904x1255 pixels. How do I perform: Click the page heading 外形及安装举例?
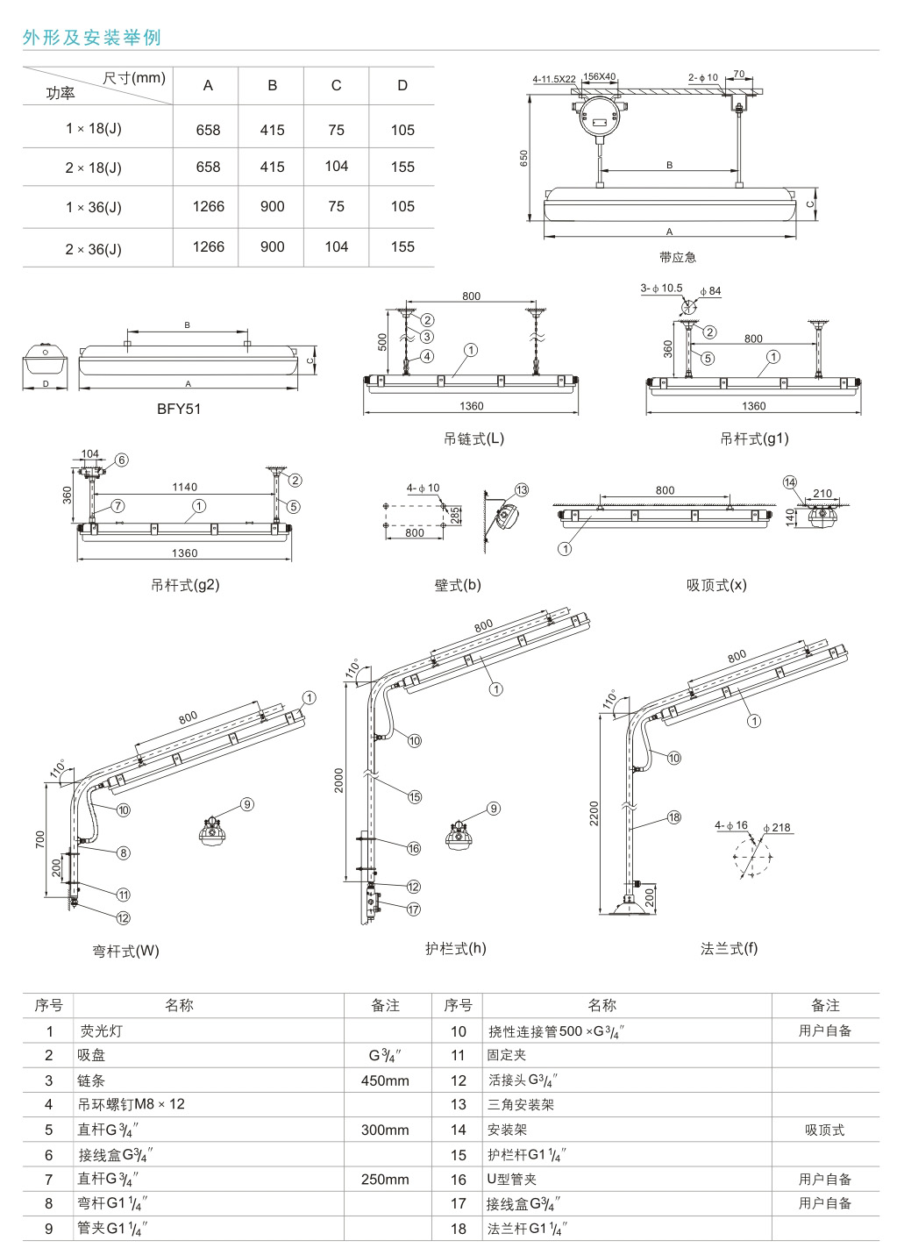[92, 38]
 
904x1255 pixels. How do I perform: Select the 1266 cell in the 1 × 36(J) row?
[209, 207]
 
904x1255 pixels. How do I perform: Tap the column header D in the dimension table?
[402, 85]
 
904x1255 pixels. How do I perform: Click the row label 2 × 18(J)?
[93, 168]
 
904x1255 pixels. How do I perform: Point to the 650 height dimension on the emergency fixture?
[523, 158]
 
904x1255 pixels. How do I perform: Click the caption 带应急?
[677, 257]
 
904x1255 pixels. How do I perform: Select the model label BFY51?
[179, 408]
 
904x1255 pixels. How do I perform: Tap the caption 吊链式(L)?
[473, 439]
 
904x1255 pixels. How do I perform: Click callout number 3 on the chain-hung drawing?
[427, 336]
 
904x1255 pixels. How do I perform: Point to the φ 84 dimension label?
[710, 290]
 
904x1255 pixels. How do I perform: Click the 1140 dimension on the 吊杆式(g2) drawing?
[185, 487]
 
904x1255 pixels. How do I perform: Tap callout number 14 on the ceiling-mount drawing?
[790, 481]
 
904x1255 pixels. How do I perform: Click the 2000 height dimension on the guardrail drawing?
[339, 781]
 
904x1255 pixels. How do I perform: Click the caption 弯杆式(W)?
[126, 951]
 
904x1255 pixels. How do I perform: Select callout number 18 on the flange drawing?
[673, 817]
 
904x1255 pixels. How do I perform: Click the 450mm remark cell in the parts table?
[385, 1080]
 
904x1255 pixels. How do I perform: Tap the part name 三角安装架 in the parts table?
[521, 1105]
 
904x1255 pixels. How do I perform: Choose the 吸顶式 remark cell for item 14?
[824, 1130]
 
